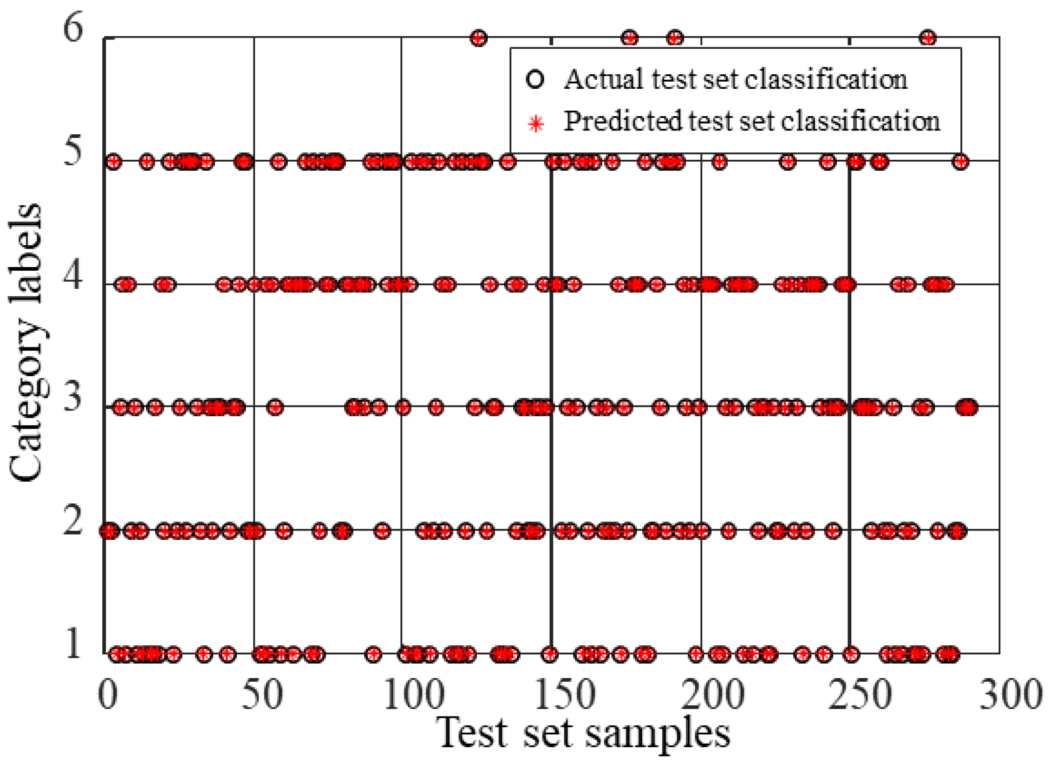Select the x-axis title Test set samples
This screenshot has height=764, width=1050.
[583, 734]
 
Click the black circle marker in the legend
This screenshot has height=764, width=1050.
[535, 79]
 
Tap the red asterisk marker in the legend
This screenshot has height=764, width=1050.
[536, 123]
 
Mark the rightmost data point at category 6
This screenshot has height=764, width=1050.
[928, 38]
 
